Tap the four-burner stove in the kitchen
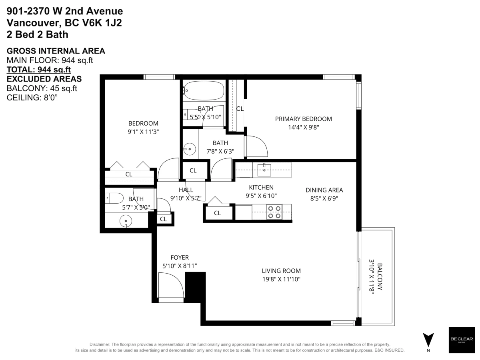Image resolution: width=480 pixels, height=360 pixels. pos(274,212)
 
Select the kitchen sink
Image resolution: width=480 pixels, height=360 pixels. pos(264,170)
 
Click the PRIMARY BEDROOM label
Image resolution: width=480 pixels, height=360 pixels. pos(303,119)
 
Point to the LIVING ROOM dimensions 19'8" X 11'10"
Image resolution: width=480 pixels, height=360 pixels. pos(281,279)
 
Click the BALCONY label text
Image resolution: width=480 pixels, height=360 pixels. pos(380,276)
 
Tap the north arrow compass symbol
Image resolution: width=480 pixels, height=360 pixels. pos(428,340)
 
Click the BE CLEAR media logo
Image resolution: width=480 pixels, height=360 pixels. pos(462,340)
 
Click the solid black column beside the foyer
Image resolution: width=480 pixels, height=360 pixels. pos(195,287)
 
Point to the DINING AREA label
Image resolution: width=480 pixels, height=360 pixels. pos(324,190)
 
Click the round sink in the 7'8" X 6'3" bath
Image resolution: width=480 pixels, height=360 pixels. pos(189,149)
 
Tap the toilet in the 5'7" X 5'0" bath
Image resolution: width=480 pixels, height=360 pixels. pos(114,198)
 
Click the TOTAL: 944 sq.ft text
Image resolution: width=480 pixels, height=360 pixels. pos(39,70)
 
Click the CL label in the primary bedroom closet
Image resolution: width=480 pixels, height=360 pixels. pos(240,109)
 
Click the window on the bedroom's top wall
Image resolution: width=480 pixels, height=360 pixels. pos(159,77)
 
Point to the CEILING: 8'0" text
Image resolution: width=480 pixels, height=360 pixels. pos(32,98)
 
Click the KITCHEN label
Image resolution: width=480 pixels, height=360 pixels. pos(261,187)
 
